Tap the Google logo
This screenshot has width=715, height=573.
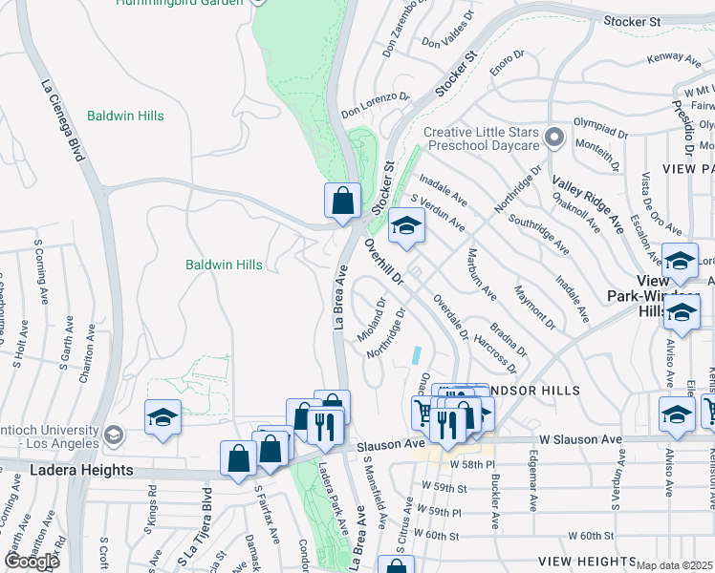32,562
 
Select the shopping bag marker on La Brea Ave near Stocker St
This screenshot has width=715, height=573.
342,201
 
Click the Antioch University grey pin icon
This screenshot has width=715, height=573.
113,435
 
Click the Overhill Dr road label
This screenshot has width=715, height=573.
386,264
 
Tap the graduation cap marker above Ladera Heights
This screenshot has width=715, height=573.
162,417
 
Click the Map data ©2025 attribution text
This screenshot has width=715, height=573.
675,565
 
